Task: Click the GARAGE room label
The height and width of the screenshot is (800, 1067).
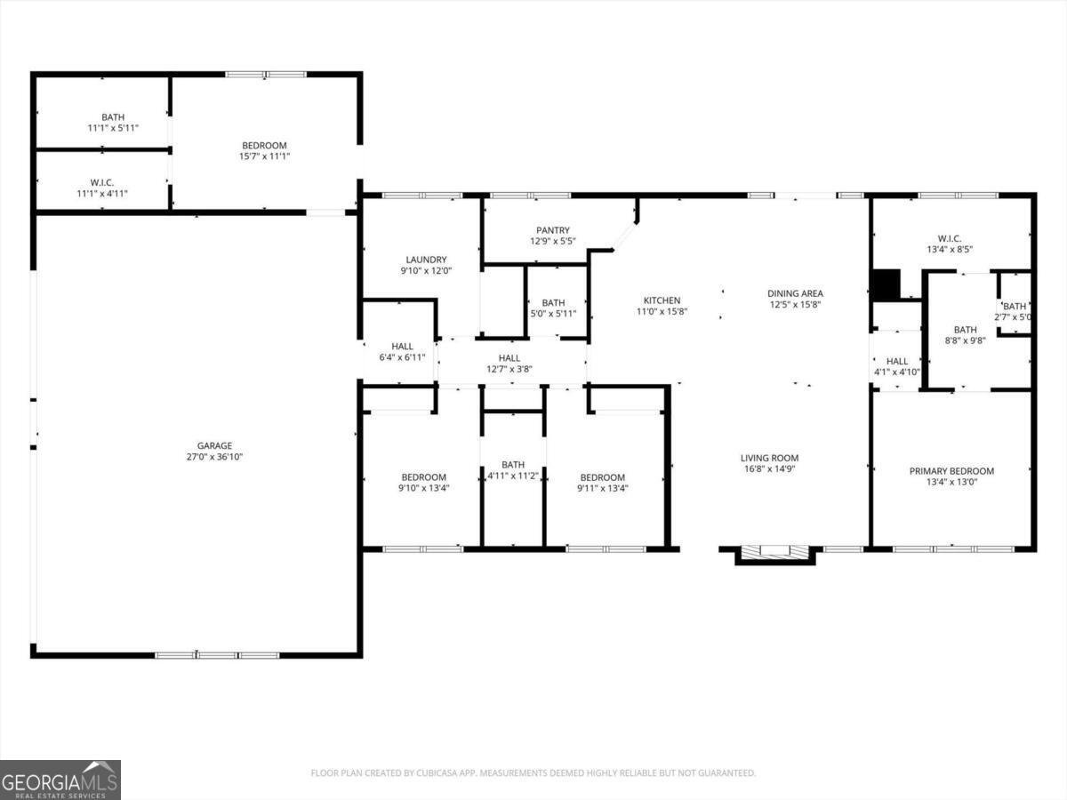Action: click(x=215, y=446)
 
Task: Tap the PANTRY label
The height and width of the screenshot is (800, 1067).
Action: click(x=552, y=230)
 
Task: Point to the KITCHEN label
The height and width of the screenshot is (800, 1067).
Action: click(x=662, y=300)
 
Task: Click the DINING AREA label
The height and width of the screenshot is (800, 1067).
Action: click(x=796, y=293)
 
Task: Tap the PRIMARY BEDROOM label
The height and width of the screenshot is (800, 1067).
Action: click(x=951, y=471)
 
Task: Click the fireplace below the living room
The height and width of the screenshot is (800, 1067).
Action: click(x=774, y=554)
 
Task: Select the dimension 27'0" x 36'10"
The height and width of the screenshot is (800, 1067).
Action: click(x=215, y=457)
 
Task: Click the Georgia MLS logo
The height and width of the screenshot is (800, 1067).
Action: click(x=60, y=780)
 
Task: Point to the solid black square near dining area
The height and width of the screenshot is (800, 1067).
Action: click(x=885, y=284)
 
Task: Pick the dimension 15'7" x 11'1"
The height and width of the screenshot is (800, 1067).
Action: click(x=265, y=156)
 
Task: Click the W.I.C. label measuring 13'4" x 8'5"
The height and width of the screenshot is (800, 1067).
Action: click(x=950, y=238)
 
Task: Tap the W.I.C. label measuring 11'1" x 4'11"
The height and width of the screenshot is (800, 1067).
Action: click(x=102, y=182)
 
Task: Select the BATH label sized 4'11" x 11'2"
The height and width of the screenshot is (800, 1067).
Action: click(x=513, y=464)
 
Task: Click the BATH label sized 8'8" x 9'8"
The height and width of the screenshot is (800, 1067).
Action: click(x=965, y=330)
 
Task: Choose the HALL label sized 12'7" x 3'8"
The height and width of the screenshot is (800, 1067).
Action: click(x=509, y=358)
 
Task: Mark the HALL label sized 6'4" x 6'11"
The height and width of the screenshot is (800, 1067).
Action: click(x=402, y=347)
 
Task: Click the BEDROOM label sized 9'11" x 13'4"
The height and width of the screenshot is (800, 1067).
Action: click(x=603, y=477)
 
